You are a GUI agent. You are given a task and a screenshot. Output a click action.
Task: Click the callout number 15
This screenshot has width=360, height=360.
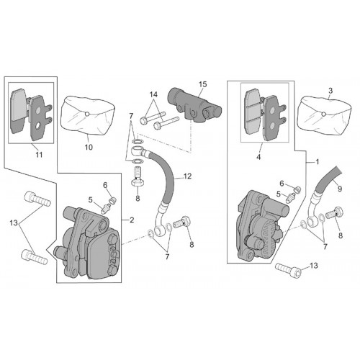pos(202,84)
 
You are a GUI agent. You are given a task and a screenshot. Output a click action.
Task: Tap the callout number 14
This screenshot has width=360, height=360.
pos(153,94)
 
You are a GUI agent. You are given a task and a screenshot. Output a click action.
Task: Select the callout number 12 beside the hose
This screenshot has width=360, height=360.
pos(187,176)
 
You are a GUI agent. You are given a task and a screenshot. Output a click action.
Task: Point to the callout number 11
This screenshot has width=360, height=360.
pos(39,155)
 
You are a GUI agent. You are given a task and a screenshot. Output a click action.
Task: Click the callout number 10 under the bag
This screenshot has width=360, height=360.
pos(89,147)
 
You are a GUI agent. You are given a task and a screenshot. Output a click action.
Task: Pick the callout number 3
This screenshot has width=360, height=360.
pos(330,91)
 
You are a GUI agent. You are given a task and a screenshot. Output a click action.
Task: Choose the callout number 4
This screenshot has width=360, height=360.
pos(258,157)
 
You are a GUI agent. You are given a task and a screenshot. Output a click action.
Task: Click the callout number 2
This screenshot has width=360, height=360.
pos(132,220)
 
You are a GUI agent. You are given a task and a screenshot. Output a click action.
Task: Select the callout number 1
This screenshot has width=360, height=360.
pos(317,162)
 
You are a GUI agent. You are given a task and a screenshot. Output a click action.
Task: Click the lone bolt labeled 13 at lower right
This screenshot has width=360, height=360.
pos(288,271)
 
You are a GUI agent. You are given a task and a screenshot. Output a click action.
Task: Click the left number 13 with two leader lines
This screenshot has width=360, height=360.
pos(14,223)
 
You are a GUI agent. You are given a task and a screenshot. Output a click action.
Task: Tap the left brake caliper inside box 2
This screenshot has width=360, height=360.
pos(88,243)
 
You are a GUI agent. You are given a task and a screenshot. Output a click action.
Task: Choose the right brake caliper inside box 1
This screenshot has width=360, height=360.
pos(262,225)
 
